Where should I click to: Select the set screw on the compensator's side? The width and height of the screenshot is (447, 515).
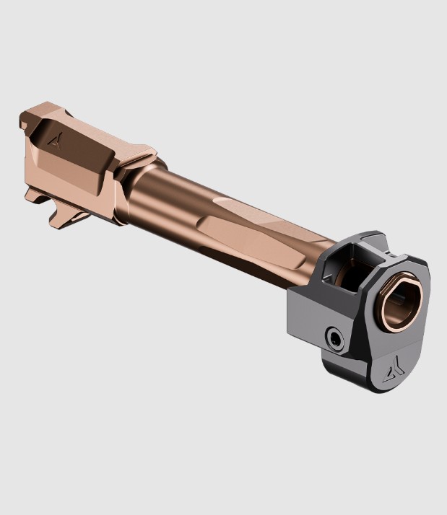pos(334,337)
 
